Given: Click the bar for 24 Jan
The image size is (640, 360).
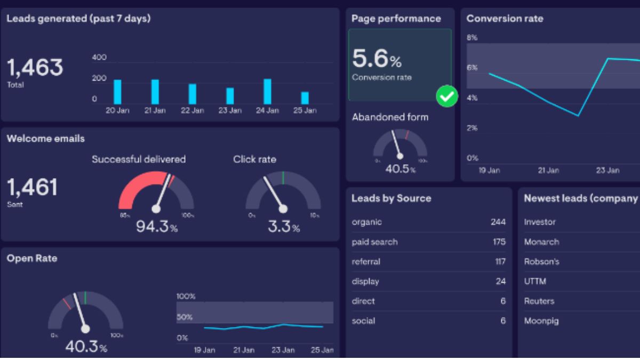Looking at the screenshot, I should [267, 92].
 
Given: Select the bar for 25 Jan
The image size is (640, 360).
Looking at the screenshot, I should [305, 98].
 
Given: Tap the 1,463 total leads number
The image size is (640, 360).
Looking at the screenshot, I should [35, 68].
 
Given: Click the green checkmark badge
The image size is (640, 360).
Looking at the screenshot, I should [447, 97].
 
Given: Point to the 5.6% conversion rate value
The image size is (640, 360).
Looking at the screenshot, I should [377, 59].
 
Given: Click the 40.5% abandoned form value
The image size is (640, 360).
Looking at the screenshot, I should [400, 169].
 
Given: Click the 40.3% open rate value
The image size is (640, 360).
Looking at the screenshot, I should [85, 347].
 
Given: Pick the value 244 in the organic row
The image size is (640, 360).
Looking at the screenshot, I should [498, 222].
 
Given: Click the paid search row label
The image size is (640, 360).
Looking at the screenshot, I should [374, 242].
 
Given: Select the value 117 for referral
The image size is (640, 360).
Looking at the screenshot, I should [500, 261].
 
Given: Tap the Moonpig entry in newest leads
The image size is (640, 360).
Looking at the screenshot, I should [541, 321].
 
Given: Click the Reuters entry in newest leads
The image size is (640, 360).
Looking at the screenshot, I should [539, 301].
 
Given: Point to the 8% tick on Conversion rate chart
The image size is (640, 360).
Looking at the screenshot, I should [472, 38].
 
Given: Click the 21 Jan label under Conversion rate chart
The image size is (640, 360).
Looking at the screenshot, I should [548, 170].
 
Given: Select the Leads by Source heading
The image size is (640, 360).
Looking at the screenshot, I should [391, 198].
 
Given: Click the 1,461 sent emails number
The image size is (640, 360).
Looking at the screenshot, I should [31, 187].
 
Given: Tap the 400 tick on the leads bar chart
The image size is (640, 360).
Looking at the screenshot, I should [99, 58].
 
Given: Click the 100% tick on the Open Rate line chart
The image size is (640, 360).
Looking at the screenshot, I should [186, 297].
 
